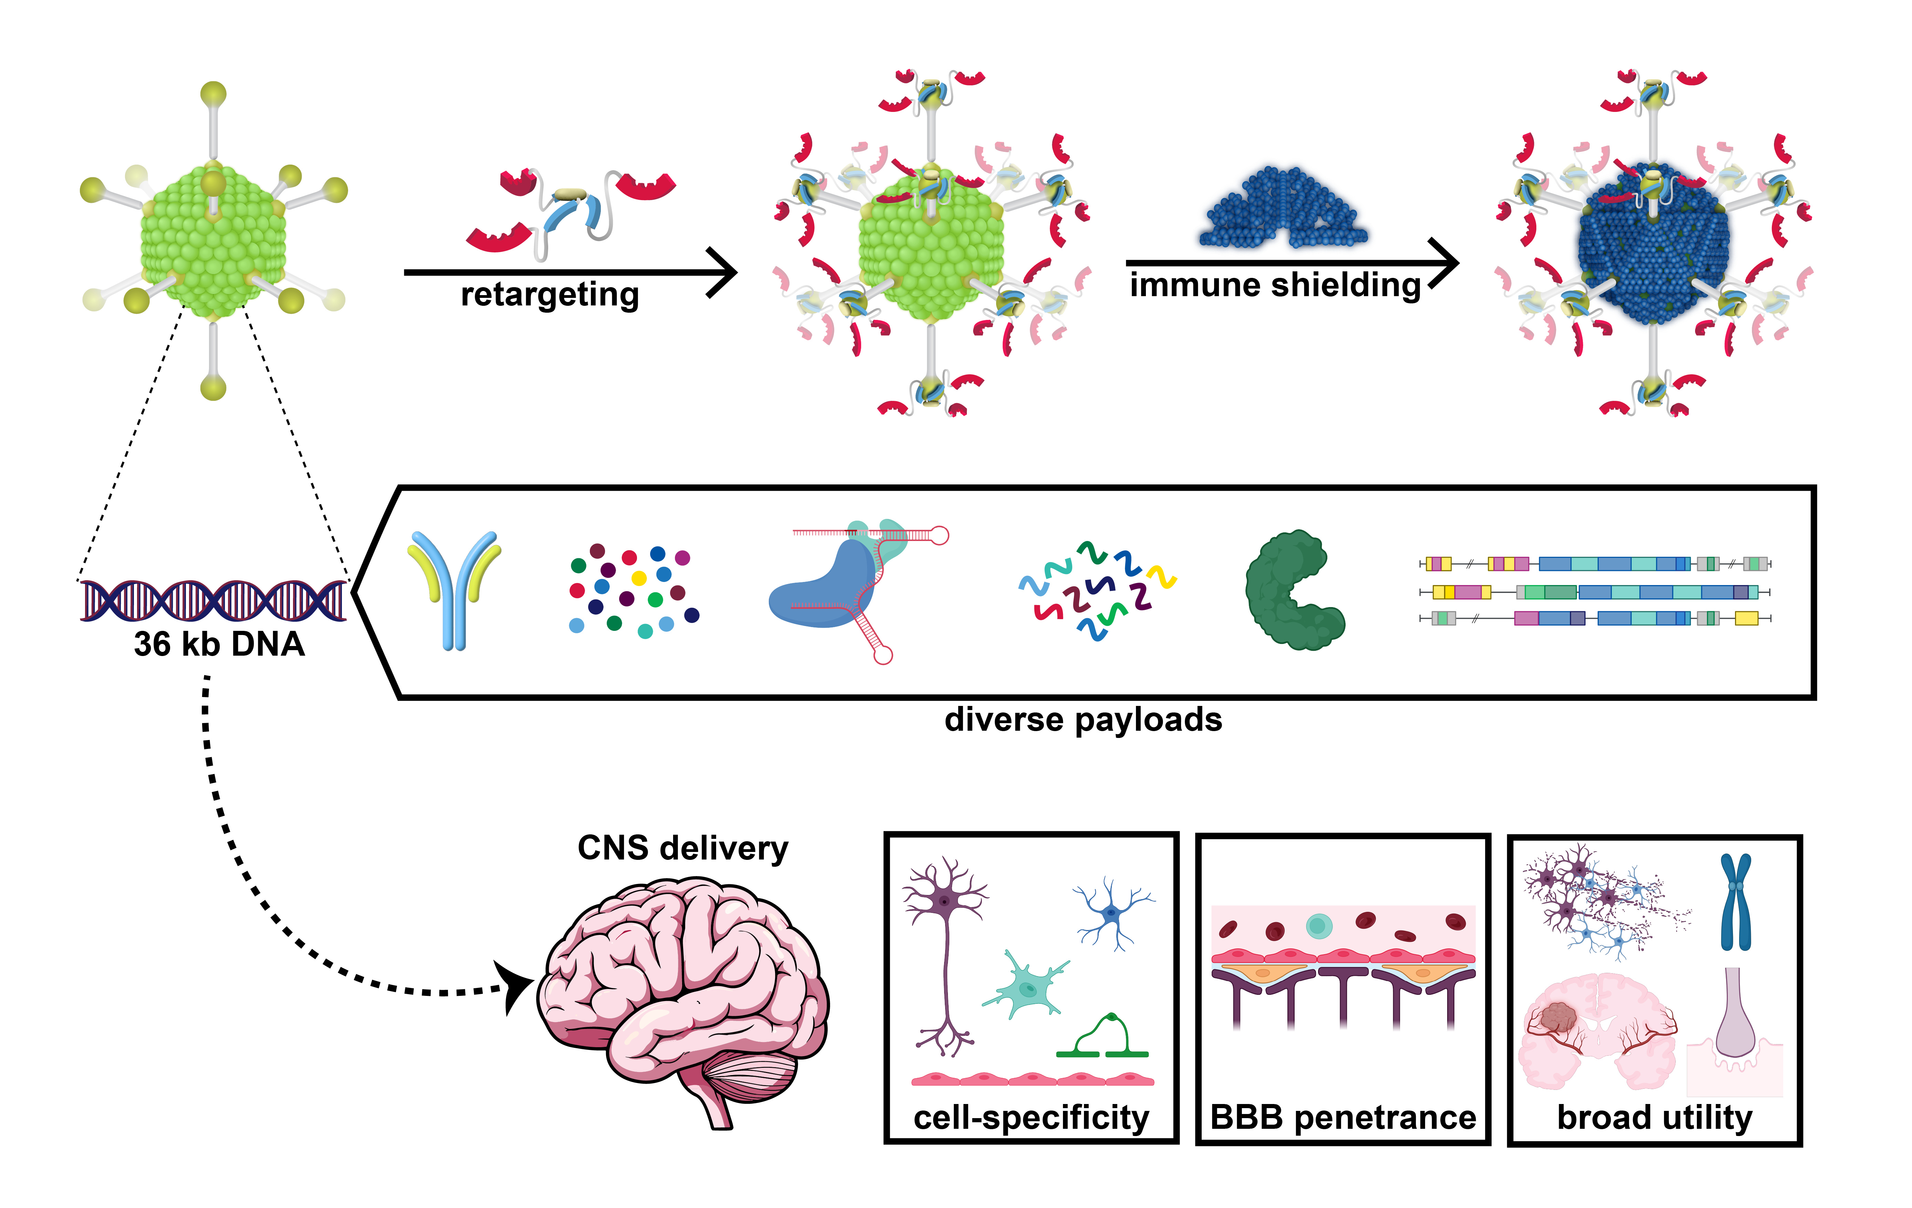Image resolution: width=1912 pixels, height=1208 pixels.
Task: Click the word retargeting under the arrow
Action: [550, 295]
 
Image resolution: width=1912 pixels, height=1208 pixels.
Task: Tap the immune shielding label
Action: [1274, 284]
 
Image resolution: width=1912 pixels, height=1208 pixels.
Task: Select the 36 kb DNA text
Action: [219, 643]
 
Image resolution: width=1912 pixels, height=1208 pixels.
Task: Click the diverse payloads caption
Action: [1083, 720]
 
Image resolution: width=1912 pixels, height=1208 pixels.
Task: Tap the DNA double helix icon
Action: [213, 601]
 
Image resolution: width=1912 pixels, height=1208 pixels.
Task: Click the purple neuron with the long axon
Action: [945, 953]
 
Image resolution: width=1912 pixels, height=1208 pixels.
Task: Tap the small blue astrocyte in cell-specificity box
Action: [1111, 913]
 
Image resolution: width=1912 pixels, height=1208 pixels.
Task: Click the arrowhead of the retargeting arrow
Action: [724, 272]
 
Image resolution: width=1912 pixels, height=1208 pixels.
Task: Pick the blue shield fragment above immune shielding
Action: [1282, 208]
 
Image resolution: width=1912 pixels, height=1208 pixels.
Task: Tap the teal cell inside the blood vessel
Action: [1318, 925]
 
